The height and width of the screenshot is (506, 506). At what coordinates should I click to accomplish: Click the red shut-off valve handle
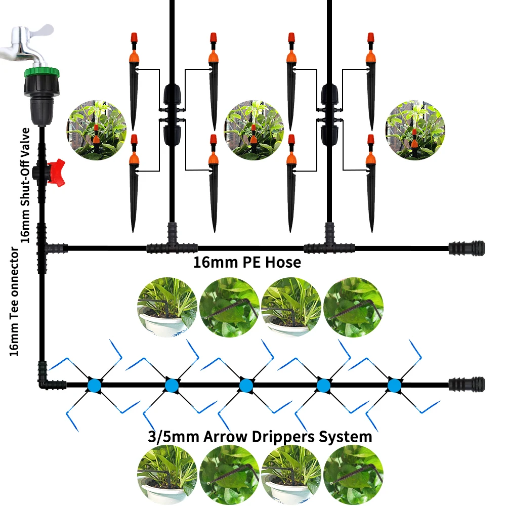point(56,173)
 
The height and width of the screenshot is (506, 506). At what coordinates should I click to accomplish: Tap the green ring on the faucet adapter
point(41,72)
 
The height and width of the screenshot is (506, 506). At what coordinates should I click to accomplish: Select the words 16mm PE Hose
point(247,262)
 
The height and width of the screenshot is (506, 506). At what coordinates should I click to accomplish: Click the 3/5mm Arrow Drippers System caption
point(260,437)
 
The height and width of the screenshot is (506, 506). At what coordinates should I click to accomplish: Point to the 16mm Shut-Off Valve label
point(25,185)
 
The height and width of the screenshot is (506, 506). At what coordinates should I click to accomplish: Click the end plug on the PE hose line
point(467,248)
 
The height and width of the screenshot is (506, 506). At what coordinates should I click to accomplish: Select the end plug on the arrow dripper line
point(467,385)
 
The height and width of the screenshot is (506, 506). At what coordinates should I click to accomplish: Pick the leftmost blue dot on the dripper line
point(94,385)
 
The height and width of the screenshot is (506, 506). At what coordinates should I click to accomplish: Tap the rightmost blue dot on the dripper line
point(394,385)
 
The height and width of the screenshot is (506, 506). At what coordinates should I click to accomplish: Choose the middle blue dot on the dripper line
point(246,385)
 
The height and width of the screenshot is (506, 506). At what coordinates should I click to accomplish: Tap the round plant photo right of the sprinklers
point(415,130)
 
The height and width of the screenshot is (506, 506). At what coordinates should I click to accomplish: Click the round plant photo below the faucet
point(97,130)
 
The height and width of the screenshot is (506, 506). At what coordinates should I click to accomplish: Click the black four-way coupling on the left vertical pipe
point(172,115)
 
